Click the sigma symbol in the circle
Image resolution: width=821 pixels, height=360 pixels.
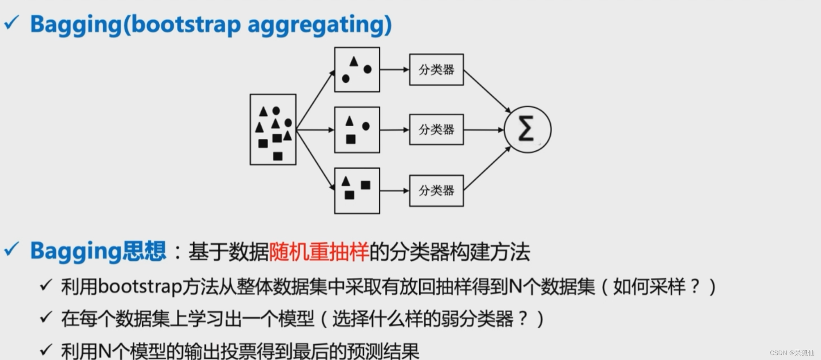526,129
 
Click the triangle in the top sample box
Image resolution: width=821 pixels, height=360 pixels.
354,61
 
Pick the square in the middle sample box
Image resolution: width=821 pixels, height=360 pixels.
351,140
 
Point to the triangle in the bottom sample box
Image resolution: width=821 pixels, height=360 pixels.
345,181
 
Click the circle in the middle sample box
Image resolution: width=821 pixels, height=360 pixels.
366,126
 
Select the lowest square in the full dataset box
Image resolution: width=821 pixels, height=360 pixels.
278,156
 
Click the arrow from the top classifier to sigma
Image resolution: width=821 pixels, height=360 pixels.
487,92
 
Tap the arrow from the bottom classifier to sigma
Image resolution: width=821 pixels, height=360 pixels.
487,169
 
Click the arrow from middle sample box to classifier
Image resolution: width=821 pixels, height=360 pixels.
394,130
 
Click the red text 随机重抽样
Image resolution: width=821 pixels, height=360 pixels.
319,252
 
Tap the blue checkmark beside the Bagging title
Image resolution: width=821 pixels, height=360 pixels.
12,22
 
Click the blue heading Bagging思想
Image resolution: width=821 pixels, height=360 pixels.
98,251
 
